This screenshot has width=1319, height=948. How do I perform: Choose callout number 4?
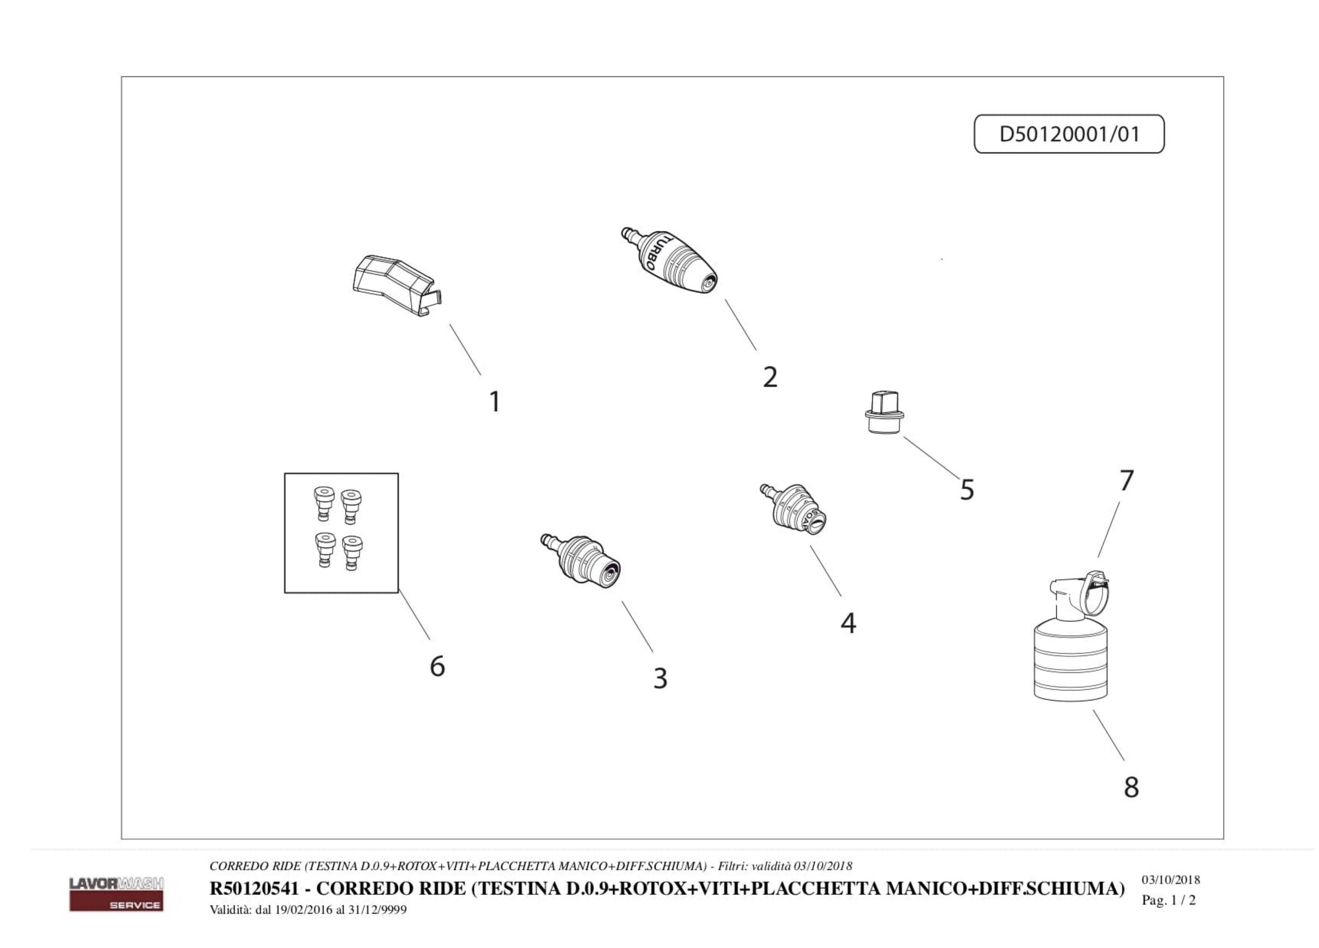pos(848,623)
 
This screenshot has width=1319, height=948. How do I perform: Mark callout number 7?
pos(1127,481)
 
